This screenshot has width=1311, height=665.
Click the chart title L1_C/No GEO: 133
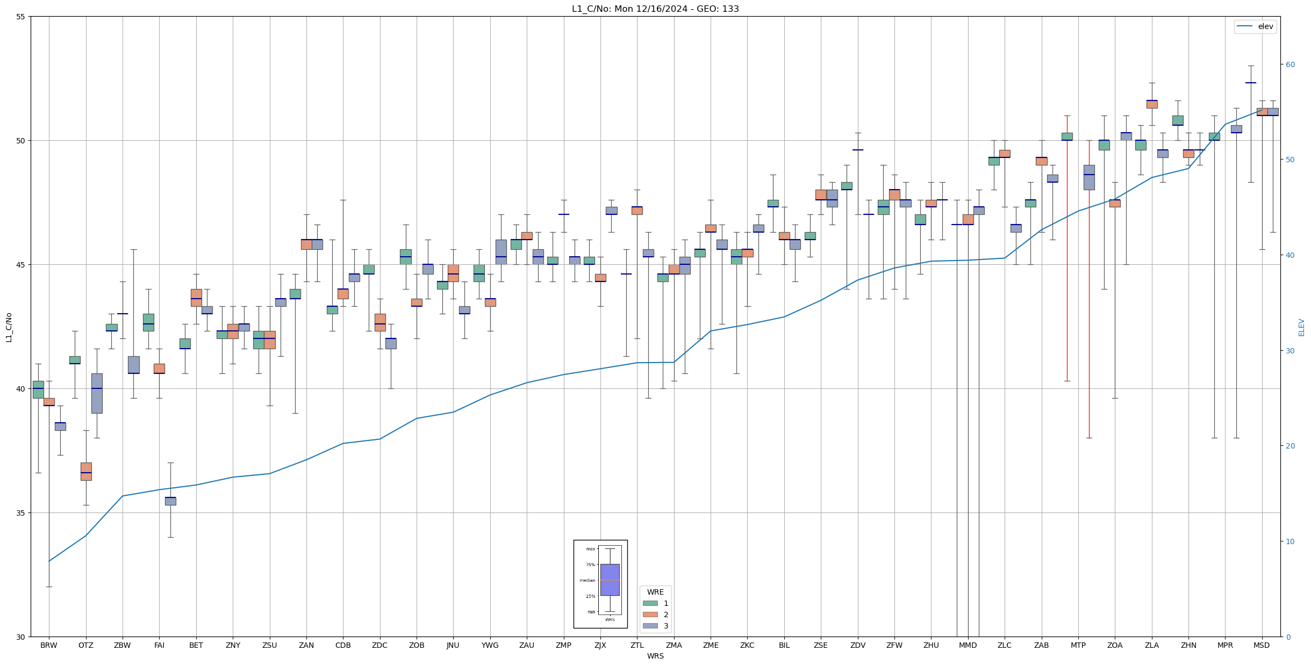point(655,9)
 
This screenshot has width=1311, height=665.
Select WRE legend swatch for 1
point(650,603)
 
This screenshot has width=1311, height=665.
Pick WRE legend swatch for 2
point(650,615)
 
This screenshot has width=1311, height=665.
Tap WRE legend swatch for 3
point(650,626)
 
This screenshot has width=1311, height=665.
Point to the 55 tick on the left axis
point(21,17)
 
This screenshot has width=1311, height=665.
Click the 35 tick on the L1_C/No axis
point(21,513)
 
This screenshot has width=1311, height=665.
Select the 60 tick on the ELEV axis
point(1290,64)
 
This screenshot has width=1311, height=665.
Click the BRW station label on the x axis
point(49,646)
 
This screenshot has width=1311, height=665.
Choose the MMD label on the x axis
point(968,646)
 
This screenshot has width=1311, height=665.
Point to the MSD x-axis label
point(1262,646)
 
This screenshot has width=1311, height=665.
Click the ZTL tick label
point(637,646)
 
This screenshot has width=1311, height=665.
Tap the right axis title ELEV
point(1301,327)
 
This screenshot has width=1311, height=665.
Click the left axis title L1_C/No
point(9,327)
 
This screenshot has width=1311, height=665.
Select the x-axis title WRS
point(655,656)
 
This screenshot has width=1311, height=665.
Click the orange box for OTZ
point(86,471)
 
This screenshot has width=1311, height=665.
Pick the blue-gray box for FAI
point(170,501)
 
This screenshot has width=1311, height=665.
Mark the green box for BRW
point(38,389)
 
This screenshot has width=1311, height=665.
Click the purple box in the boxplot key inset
point(610,580)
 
